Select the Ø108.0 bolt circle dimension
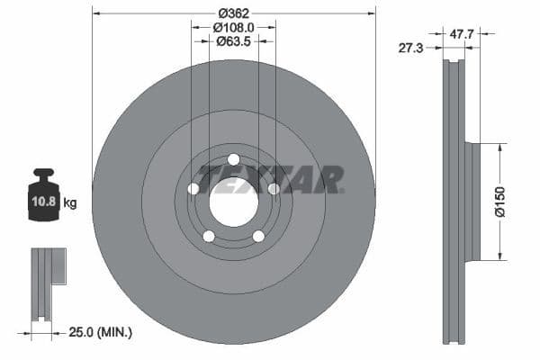click(x=233, y=28)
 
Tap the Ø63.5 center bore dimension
click(x=233, y=42)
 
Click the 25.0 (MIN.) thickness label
click(x=98, y=333)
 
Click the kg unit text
click(x=70, y=203)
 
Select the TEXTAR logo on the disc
click(x=270, y=179)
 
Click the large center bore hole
click(x=233, y=202)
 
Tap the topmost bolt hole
click(x=233, y=160)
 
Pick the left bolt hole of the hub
click(x=193, y=189)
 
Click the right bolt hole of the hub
click(x=274, y=189)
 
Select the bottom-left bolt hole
click(x=209, y=237)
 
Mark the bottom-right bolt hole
click(x=258, y=237)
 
